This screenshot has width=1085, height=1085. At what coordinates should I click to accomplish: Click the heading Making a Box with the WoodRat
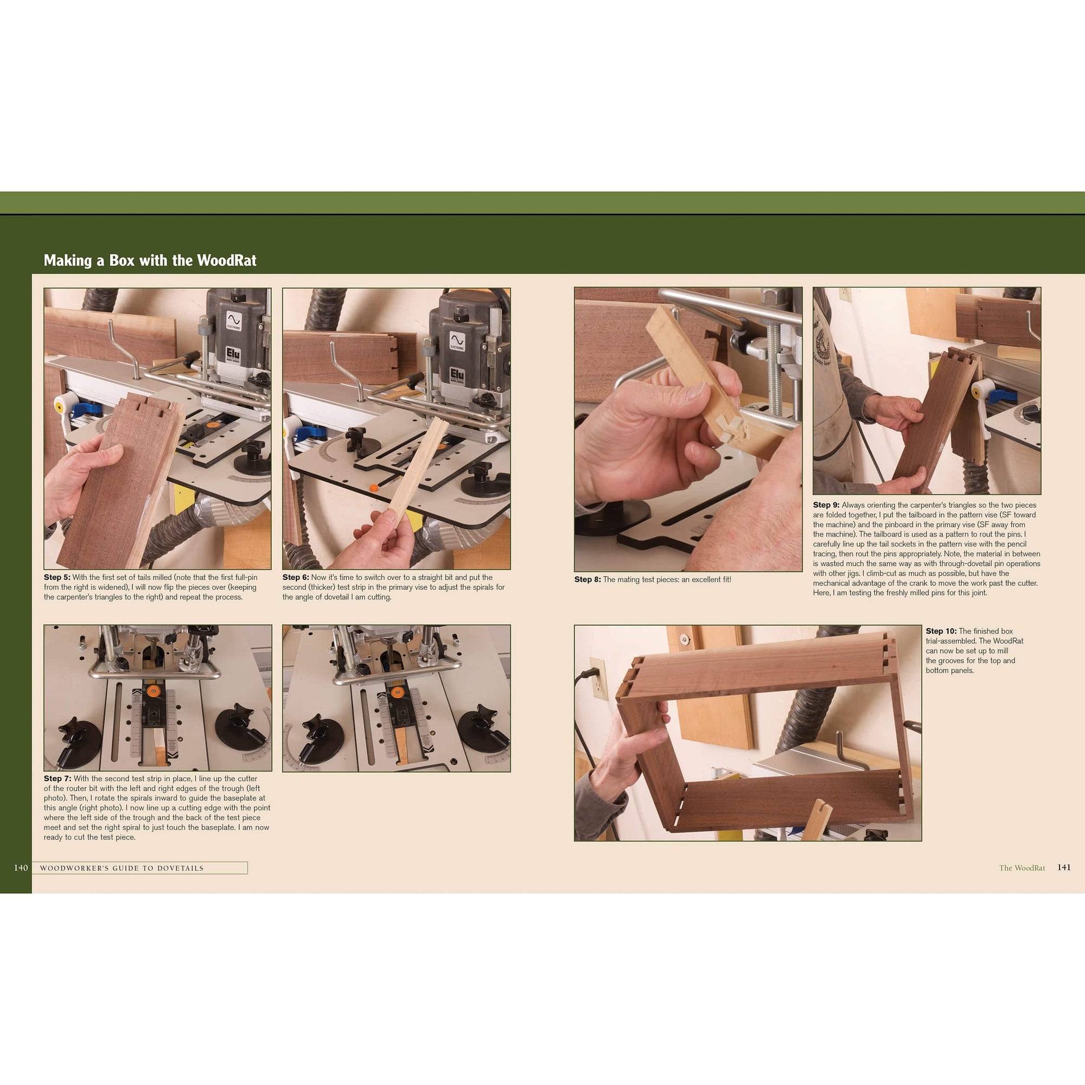[x=150, y=260]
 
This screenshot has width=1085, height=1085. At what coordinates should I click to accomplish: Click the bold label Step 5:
[x=57, y=577]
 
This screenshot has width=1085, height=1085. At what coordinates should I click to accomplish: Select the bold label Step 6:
[x=296, y=577]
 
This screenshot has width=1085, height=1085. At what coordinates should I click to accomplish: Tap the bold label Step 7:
[x=58, y=778]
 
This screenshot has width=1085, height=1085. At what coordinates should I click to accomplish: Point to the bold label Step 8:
[x=588, y=579]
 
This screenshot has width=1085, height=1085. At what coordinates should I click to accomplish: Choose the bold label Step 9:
[x=826, y=505]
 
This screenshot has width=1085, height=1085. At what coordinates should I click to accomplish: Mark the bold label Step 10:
[x=941, y=631]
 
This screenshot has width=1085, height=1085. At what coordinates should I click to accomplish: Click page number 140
[x=21, y=867]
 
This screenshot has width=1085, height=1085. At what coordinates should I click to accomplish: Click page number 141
[x=1064, y=867]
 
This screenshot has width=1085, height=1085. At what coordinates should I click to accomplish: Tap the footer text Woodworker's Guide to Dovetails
[x=122, y=868]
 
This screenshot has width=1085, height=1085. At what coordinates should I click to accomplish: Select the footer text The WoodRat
[x=1022, y=868]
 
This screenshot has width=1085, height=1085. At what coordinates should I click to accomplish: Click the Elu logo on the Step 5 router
[x=233, y=355]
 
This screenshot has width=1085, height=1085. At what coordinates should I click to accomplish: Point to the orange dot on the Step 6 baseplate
[x=373, y=488]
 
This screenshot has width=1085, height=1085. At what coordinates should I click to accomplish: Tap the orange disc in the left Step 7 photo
[x=154, y=692]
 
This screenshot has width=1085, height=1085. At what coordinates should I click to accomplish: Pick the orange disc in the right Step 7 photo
[x=397, y=693]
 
